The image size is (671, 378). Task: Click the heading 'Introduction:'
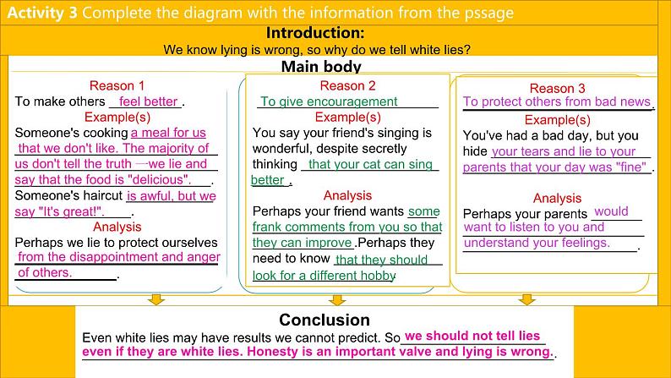[x=315, y=33]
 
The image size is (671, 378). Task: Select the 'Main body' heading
[x=321, y=66]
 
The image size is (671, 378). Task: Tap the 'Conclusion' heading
[x=325, y=320]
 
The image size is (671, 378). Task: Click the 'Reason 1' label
[x=117, y=85]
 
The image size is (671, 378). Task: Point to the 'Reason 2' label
[x=347, y=85]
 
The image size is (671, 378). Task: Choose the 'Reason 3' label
[x=557, y=88]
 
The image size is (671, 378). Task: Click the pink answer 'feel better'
[x=148, y=101]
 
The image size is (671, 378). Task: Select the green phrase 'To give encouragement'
[x=329, y=101]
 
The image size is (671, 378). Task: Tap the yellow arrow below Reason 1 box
[x=156, y=299]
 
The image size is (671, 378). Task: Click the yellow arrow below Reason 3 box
[x=526, y=299]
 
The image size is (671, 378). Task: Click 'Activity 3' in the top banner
[x=42, y=13]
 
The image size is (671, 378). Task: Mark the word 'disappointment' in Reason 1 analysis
[x=114, y=257]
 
